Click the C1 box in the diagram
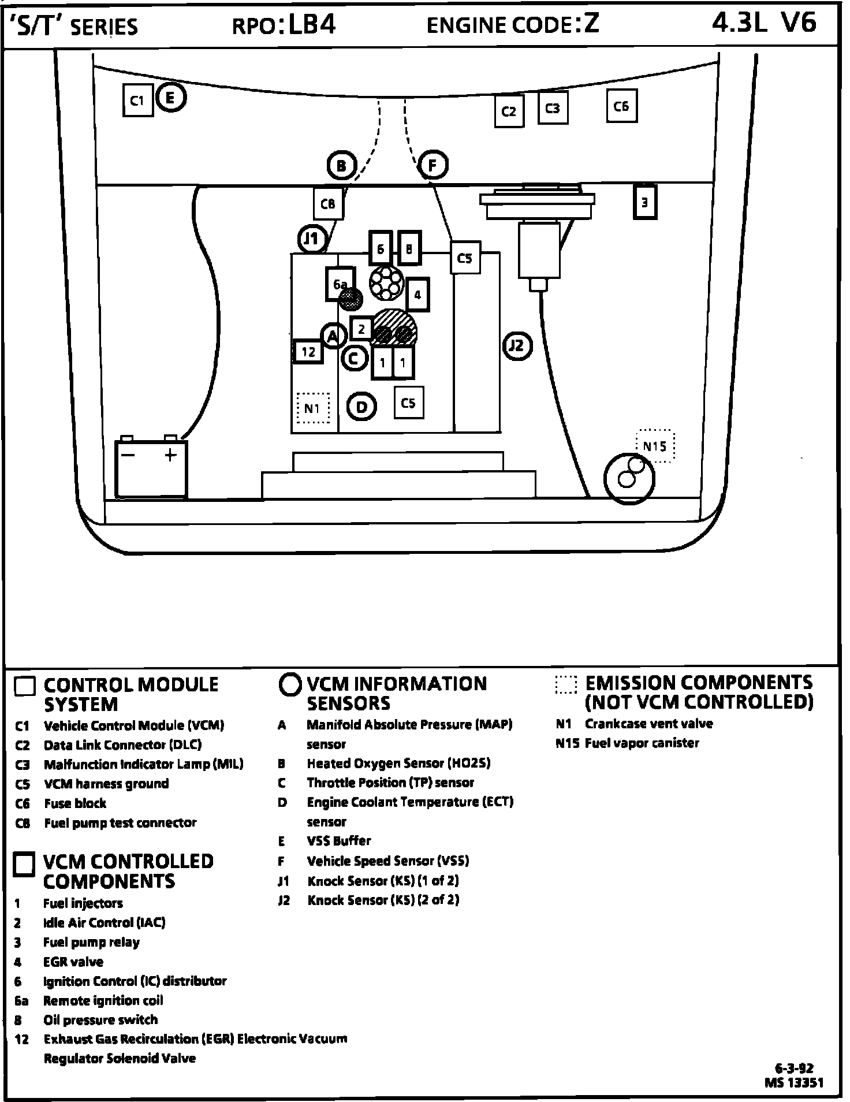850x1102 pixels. point(137,100)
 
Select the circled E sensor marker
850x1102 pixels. point(170,98)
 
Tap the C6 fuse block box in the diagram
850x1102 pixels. point(621,106)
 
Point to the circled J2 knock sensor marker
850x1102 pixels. point(517,345)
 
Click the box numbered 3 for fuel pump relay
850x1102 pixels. point(644,202)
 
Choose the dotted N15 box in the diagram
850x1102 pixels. point(655,446)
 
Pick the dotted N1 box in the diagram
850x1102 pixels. point(312,408)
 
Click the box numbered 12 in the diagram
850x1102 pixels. point(308,351)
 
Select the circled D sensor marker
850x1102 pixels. point(361,407)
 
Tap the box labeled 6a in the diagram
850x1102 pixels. point(340,284)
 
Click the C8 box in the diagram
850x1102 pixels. point(328,203)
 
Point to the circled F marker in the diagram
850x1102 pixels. point(433,166)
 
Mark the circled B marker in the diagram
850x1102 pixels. point(342,166)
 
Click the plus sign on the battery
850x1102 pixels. point(170,455)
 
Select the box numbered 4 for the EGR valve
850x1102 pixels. point(417,295)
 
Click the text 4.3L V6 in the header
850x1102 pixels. point(764,23)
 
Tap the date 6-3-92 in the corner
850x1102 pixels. point(794,1068)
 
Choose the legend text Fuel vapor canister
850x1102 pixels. point(642,743)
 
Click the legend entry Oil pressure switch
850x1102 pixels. point(100,1020)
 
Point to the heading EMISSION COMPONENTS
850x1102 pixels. point(699,683)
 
